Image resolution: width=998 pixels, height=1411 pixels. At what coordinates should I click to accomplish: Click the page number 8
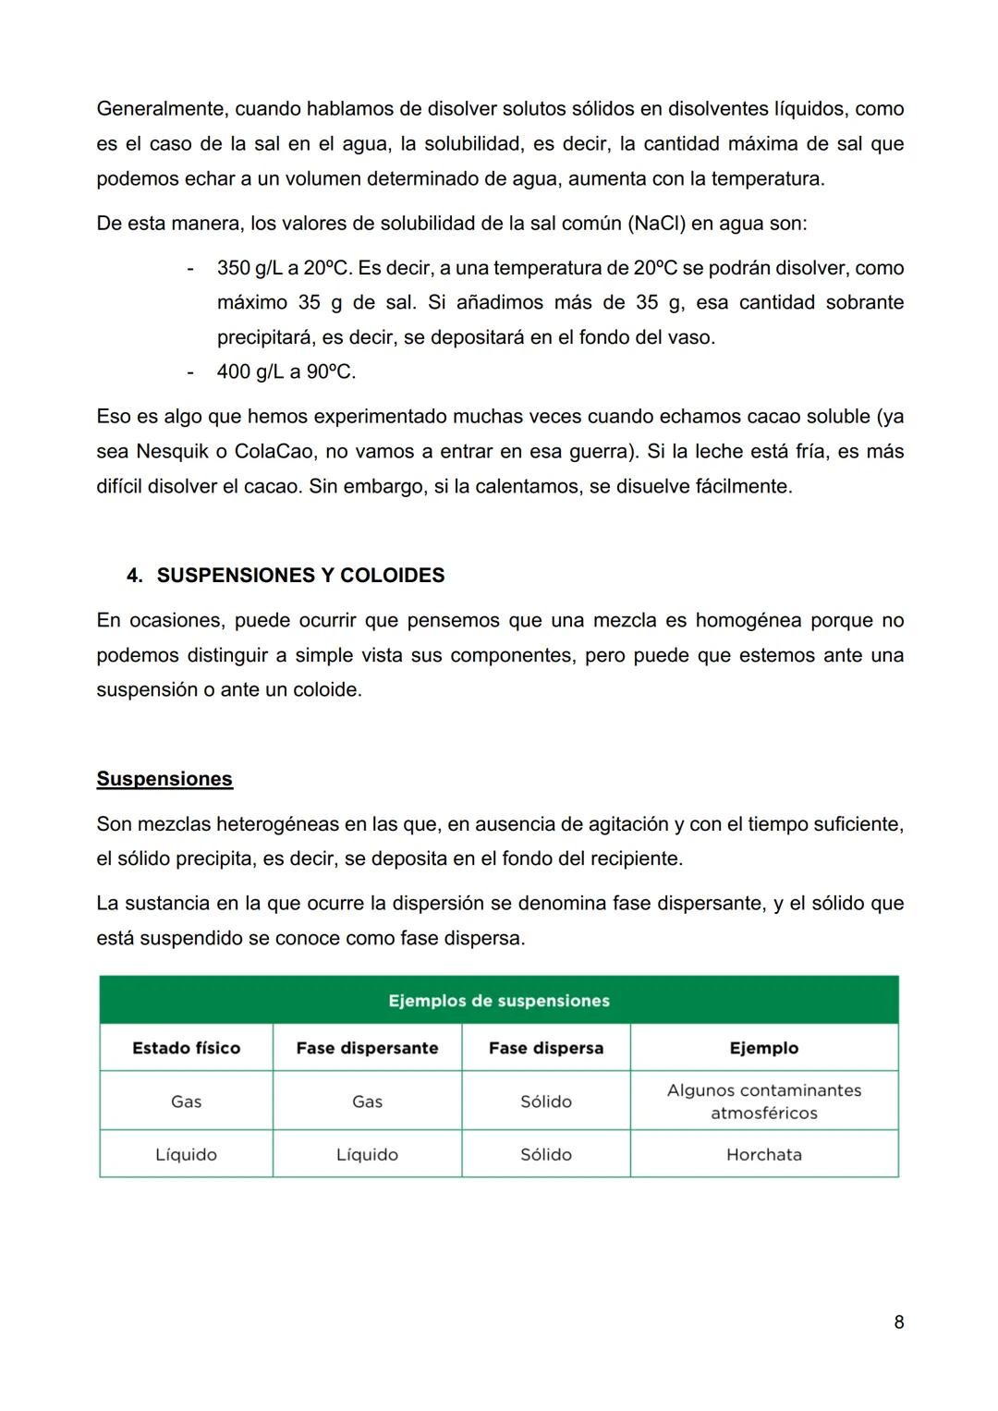(x=898, y=1322)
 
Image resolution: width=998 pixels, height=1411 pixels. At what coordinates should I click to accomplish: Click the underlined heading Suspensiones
(x=164, y=779)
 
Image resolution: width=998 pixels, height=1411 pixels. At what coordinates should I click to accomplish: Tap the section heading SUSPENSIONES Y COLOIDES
(x=300, y=576)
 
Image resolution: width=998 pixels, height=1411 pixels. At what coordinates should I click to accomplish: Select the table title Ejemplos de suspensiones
(x=499, y=1001)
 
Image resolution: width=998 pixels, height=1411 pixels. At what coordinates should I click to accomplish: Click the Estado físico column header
(x=186, y=1048)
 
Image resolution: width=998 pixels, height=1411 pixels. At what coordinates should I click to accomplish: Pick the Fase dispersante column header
(x=367, y=1048)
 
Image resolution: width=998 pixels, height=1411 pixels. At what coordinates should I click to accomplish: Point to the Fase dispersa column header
(x=545, y=1048)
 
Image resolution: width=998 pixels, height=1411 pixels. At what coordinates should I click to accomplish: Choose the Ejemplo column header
(x=763, y=1048)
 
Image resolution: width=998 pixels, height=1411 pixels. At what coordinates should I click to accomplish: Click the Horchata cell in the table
(x=763, y=1154)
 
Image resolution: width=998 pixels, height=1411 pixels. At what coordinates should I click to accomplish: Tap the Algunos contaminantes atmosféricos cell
(x=763, y=1101)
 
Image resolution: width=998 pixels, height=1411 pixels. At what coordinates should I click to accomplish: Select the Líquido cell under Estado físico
(x=186, y=1154)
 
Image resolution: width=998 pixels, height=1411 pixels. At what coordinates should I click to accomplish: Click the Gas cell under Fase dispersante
(x=367, y=1101)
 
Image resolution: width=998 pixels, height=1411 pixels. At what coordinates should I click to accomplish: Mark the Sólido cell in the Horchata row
(x=545, y=1154)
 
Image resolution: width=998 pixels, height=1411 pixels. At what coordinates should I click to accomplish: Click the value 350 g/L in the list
(x=250, y=268)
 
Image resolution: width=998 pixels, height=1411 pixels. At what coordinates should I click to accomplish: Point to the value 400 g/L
(x=250, y=372)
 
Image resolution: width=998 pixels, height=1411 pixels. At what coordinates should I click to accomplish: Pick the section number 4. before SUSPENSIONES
(x=135, y=576)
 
